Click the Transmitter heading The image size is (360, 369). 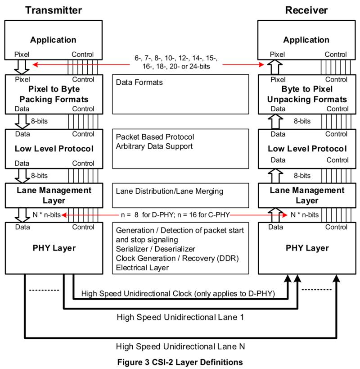point(54,10)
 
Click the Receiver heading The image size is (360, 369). point(306,10)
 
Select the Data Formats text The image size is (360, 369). point(139,82)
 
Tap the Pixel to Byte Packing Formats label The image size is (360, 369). point(54,94)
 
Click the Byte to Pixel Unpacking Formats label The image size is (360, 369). point(307,94)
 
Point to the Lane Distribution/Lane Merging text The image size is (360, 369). point(170,191)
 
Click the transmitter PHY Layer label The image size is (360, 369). point(54,248)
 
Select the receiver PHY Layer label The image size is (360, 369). point(307,248)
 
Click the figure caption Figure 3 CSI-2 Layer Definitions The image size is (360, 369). point(180,362)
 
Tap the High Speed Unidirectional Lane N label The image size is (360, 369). point(180,346)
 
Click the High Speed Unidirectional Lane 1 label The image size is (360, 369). point(180,317)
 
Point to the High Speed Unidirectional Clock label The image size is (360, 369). point(178,293)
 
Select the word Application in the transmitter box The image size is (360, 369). point(53,40)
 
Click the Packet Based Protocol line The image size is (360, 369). point(155,137)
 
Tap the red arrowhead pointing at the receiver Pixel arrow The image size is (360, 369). point(261,64)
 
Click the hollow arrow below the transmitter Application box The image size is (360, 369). point(22,67)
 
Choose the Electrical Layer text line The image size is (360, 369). point(142,268)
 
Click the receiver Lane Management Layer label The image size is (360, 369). point(307,196)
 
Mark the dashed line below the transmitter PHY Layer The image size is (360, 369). point(44,290)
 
